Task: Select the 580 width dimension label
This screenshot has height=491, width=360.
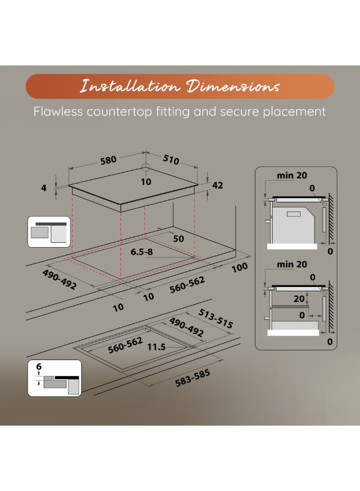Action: click(x=108, y=160)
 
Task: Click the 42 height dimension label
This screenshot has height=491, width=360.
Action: click(x=217, y=185)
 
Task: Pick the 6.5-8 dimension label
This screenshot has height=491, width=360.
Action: click(x=142, y=253)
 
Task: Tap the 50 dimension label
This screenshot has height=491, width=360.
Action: click(x=178, y=239)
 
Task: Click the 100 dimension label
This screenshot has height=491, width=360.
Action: click(x=239, y=267)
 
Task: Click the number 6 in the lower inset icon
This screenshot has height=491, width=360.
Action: click(x=39, y=367)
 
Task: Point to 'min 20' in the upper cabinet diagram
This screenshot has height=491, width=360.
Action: click(x=291, y=175)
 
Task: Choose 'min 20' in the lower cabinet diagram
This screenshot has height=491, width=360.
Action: click(x=292, y=265)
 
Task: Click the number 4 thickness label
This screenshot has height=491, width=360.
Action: click(x=44, y=187)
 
